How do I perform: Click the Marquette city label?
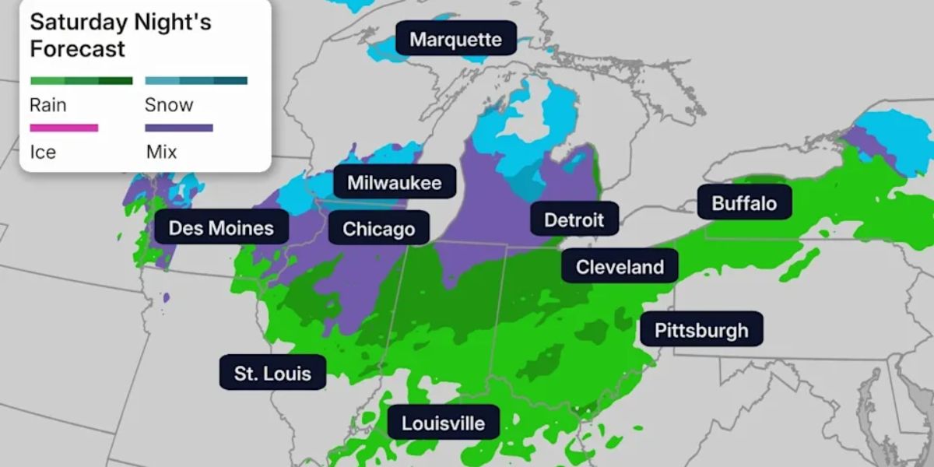coord(456,39)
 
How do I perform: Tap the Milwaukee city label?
coord(395,183)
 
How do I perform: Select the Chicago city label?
coord(378,229)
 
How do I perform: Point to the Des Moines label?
coord(221,228)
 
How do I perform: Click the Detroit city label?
coord(574,219)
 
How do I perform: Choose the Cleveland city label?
coord(620,267)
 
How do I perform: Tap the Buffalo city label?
coord(744,204)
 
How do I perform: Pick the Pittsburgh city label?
coord(701,330)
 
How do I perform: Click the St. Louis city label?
coord(272,374)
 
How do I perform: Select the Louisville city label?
coord(443,423)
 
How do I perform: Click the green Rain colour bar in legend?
coord(81,80)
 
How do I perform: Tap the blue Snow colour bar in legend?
coord(196,80)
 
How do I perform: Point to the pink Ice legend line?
coord(64,128)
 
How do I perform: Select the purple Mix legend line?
coord(179,128)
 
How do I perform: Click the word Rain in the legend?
coord(48,105)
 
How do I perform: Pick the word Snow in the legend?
coord(169,105)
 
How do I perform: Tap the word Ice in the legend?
coord(43,152)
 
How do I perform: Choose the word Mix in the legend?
coord(161,152)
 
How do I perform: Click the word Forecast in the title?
coord(77,49)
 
